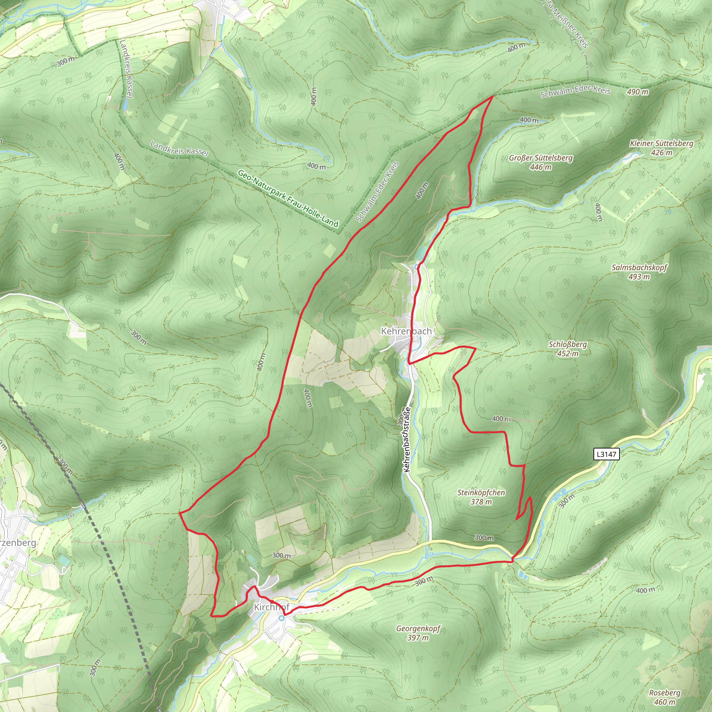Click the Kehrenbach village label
click(406, 331)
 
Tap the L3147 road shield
click(606, 454)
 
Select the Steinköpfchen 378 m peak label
click(481, 497)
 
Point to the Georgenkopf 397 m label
click(418, 632)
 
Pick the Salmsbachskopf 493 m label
click(639, 272)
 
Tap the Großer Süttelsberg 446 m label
click(541, 162)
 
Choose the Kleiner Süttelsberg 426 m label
click(662, 147)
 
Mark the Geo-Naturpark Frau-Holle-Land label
click(288, 198)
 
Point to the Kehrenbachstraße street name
click(407, 439)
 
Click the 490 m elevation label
click(638, 92)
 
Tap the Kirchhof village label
click(272, 607)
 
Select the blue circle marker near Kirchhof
click(282, 618)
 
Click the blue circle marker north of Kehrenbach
click(417, 267)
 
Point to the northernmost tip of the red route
click(493, 97)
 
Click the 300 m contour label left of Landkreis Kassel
click(66, 62)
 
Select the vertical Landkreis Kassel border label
click(126, 68)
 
